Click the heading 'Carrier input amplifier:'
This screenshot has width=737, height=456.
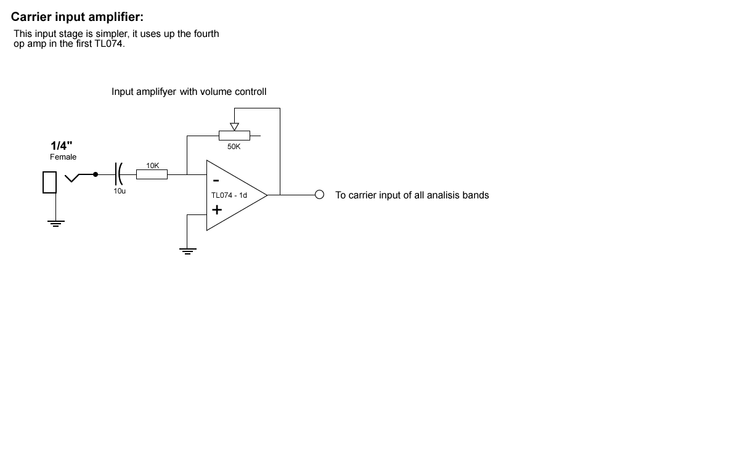[77, 17]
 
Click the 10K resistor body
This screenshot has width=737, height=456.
[152, 174]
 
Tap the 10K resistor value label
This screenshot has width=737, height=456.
[152, 165]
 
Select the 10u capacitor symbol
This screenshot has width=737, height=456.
[118, 174]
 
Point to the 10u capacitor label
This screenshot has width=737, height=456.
[120, 191]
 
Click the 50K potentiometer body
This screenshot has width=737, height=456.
[234, 134]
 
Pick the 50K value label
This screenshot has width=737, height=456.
[234, 147]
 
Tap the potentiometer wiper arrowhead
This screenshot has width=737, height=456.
[234, 126]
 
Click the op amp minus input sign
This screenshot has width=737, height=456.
[216, 181]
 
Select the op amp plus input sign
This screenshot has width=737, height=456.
[217, 210]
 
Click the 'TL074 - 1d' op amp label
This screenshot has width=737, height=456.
[229, 195]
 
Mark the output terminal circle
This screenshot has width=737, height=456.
[319, 195]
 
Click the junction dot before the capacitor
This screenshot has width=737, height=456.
[95, 174]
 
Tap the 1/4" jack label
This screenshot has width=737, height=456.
[61, 145]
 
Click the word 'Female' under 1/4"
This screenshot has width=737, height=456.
[63, 157]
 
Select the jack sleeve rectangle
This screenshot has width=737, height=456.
[49, 182]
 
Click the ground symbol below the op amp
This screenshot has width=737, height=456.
[187, 251]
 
